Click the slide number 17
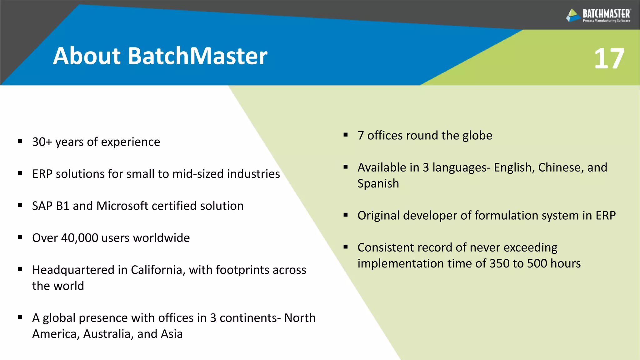pos(609,59)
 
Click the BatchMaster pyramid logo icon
pos(573,15)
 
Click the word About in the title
pos(87,56)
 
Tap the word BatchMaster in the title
pos(197,56)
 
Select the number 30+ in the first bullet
pos(42,142)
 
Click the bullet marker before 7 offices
pos(346,135)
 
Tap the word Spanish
pos(378,184)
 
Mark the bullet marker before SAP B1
pos(20,205)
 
